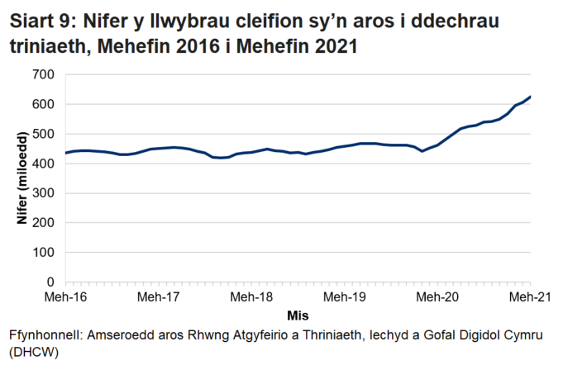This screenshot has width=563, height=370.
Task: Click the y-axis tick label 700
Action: (x=44, y=75)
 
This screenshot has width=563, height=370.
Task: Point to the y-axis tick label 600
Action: (x=44, y=105)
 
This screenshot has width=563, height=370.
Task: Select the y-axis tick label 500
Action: (x=44, y=135)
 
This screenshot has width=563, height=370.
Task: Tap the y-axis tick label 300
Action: (x=44, y=193)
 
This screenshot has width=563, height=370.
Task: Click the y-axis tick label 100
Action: (x=44, y=253)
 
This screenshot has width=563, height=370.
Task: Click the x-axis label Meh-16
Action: (x=65, y=296)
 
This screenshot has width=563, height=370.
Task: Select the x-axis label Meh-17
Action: (x=158, y=296)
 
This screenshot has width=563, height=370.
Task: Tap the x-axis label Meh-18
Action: (x=251, y=296)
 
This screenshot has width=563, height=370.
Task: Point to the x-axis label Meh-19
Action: (x=344, y=296)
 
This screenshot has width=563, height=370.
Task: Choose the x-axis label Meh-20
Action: (x=437, y=296)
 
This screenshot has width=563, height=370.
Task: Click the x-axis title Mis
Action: (x=297, y=315)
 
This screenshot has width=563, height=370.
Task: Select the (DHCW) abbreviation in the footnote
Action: (x=34, y=353)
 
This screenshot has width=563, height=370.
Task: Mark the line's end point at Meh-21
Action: (x=530, y=97)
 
